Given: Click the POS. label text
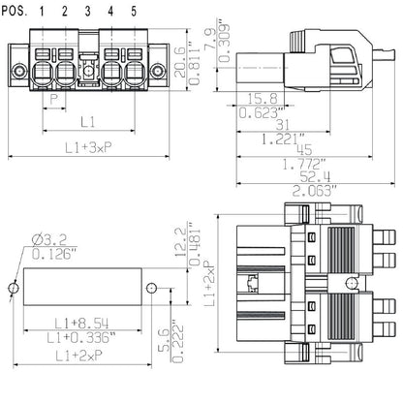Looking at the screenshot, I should point(15,11).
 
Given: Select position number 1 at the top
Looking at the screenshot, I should point(43,11).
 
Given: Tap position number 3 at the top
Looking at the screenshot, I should point(88,11).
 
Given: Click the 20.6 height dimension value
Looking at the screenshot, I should point(180,63).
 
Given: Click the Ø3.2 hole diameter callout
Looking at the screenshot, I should point(45,240).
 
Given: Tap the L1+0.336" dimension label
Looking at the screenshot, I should point(81,337).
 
